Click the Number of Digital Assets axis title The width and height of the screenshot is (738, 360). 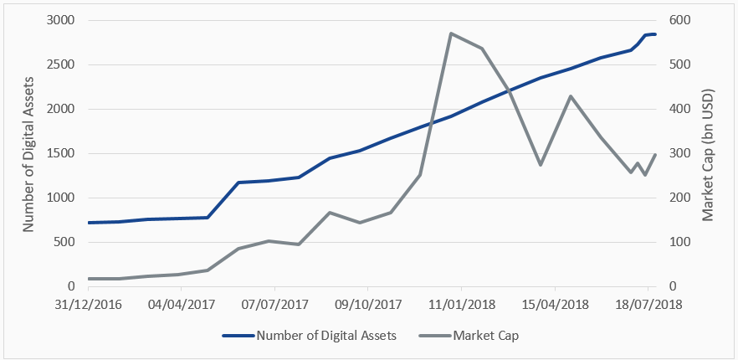pos(28,153)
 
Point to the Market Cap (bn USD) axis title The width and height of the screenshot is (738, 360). pos(709,153)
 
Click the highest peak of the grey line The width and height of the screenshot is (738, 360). pos(451,33)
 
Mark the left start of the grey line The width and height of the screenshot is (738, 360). pos(89,279)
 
